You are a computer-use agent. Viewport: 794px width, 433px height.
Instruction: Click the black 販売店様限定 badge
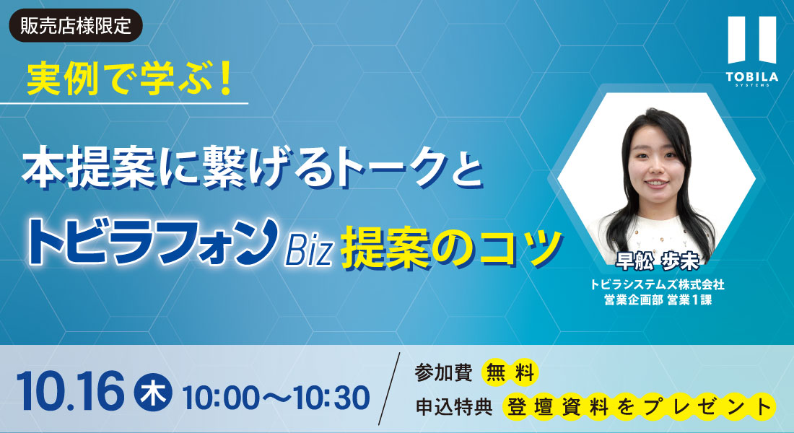[x=76, y=26]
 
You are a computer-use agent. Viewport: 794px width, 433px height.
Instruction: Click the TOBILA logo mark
[x=752, y=40]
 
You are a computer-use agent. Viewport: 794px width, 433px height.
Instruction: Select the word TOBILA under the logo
[x=752, y=77]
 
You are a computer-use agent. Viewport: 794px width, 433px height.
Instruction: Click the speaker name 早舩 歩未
[x=658, y=261]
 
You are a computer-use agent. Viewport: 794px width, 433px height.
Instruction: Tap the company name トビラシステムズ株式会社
[x=658, y=284]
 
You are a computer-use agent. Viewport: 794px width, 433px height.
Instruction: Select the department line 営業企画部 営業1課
[x=658, y=299]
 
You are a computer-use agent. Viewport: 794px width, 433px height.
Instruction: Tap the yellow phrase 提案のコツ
[x=452, y=249]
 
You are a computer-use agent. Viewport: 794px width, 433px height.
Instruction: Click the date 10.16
[x=71, y=391]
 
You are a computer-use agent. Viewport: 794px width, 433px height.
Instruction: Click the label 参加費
[x=444, y=372]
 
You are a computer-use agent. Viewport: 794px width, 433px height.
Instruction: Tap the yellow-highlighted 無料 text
[x=510, y=373]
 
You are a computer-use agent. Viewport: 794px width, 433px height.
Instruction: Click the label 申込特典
[x=454, y=407]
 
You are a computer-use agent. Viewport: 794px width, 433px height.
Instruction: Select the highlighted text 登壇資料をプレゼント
[x=639, y=407]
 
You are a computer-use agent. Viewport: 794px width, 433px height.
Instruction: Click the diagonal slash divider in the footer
[x=389, y=389]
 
